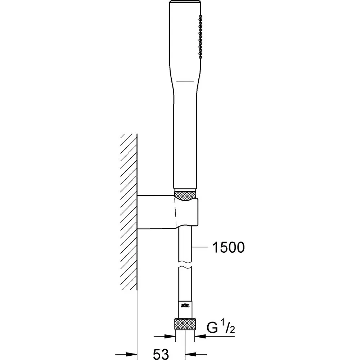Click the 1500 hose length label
coord(228,247)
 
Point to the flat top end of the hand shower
coord(184,3)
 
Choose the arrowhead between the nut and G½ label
coord(199,337)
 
